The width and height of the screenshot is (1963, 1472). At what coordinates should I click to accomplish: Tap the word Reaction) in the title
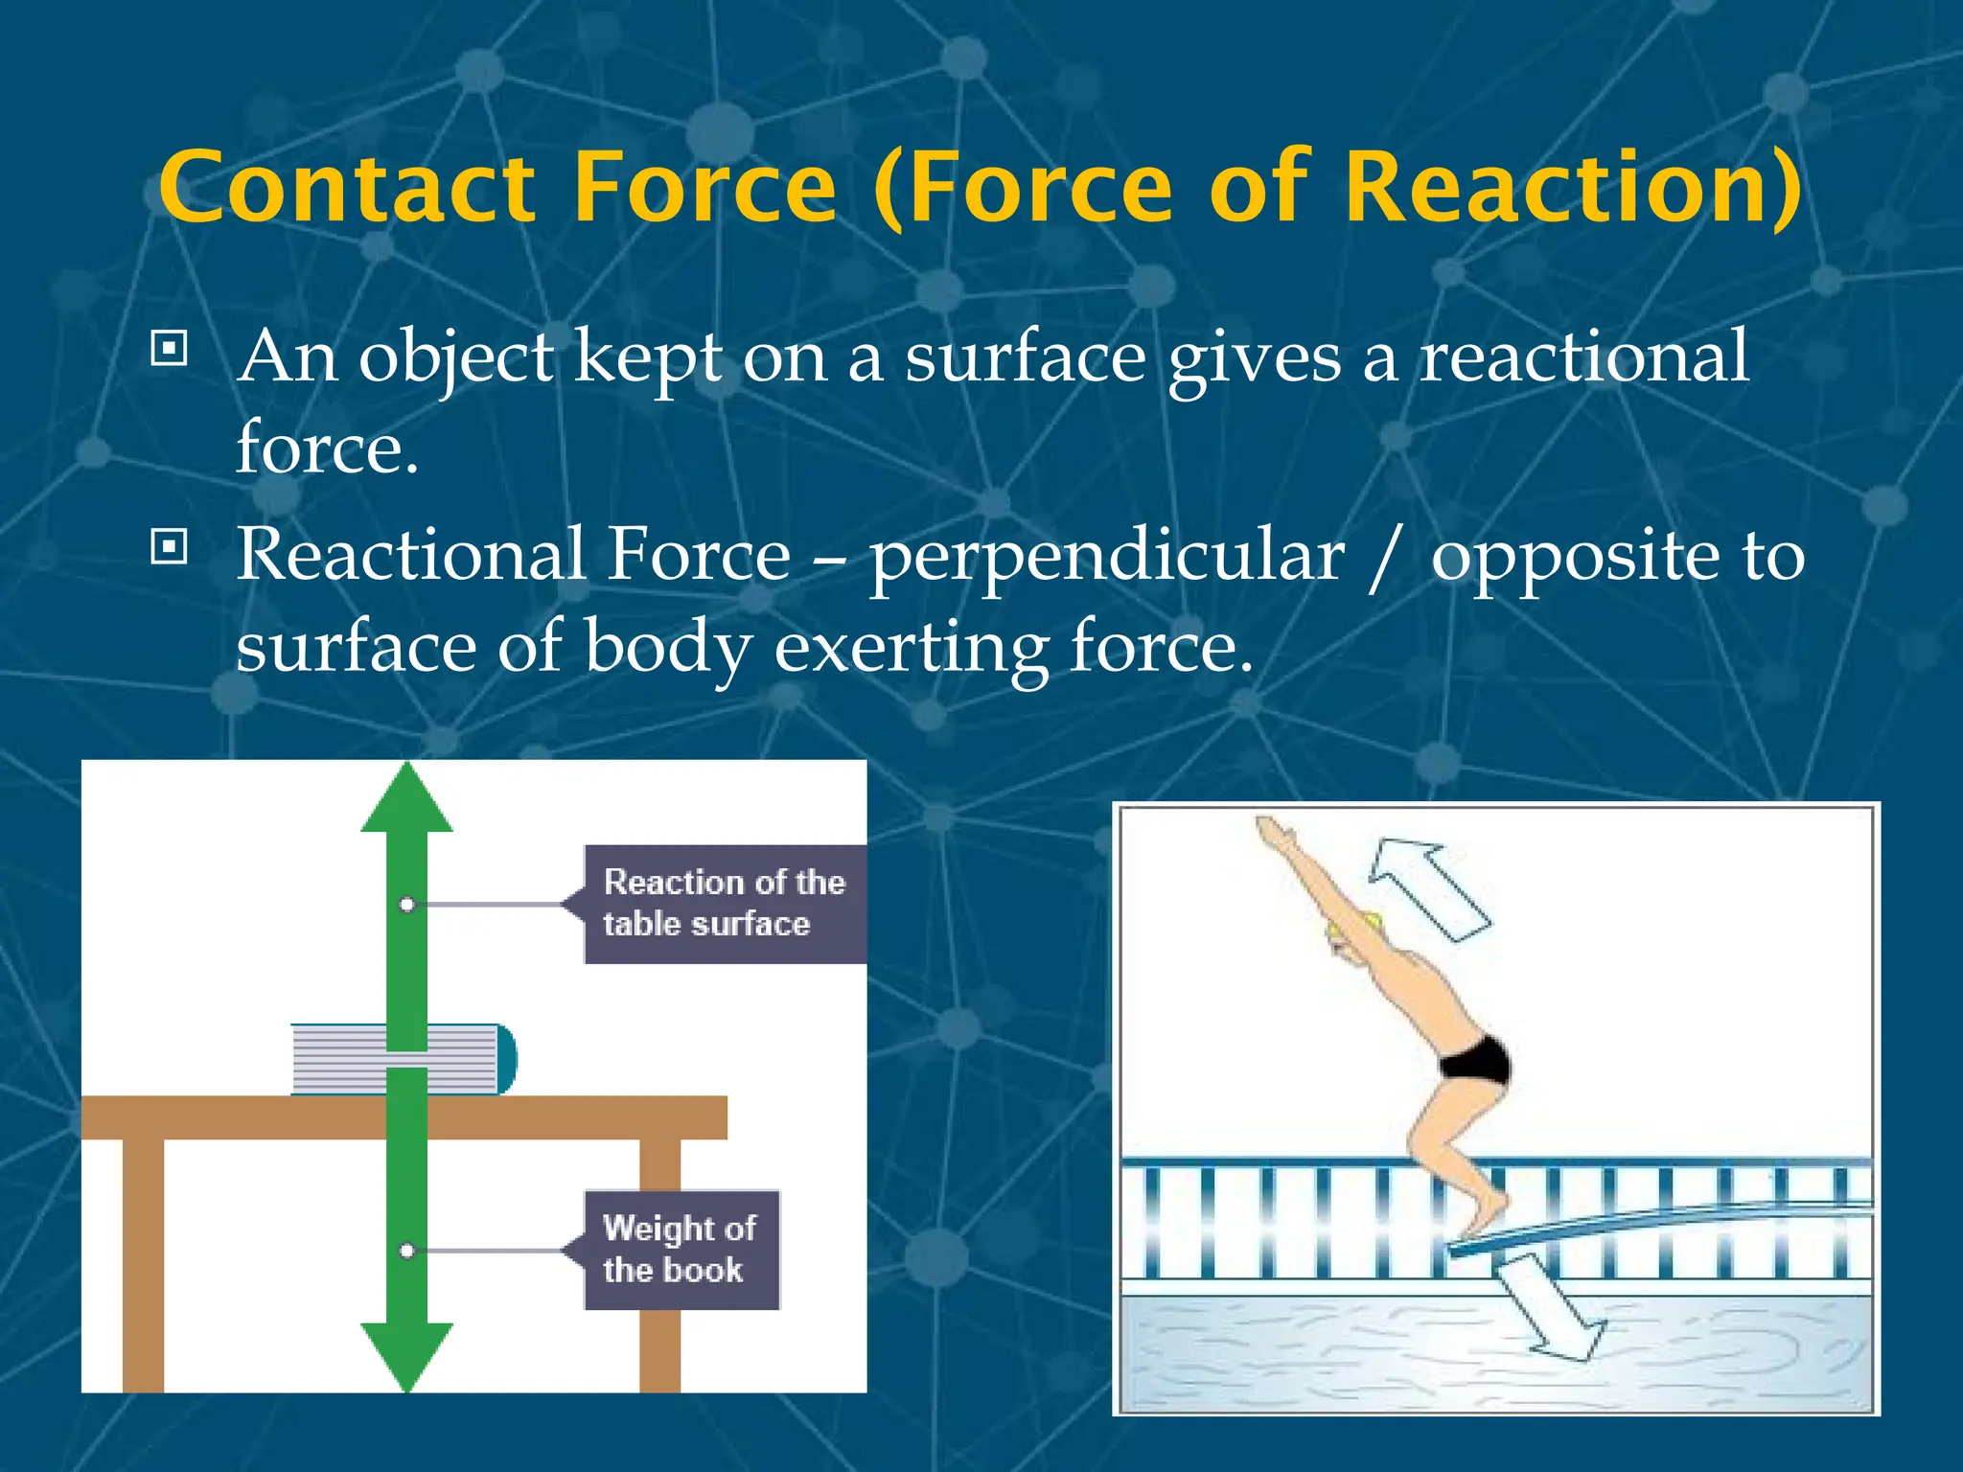click(1572, 187)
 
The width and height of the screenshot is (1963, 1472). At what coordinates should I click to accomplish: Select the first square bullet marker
click(170, 349)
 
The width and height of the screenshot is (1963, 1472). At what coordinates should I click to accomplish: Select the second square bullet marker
click(170, 547)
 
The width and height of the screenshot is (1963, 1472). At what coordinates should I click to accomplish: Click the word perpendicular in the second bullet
click(1107, 558)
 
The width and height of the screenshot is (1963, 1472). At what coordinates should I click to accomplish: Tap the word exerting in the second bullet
click(911, 650)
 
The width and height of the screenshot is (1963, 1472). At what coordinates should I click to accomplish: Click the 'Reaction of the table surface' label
click(724, 903)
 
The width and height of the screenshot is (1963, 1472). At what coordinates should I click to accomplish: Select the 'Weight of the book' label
click(681, 1249)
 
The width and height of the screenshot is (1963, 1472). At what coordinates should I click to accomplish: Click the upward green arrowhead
click(407, 800)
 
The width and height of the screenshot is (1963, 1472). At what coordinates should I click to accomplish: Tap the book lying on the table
click(403, 1059)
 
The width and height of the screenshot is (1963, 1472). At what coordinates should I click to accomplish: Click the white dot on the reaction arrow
click(407, 904)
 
